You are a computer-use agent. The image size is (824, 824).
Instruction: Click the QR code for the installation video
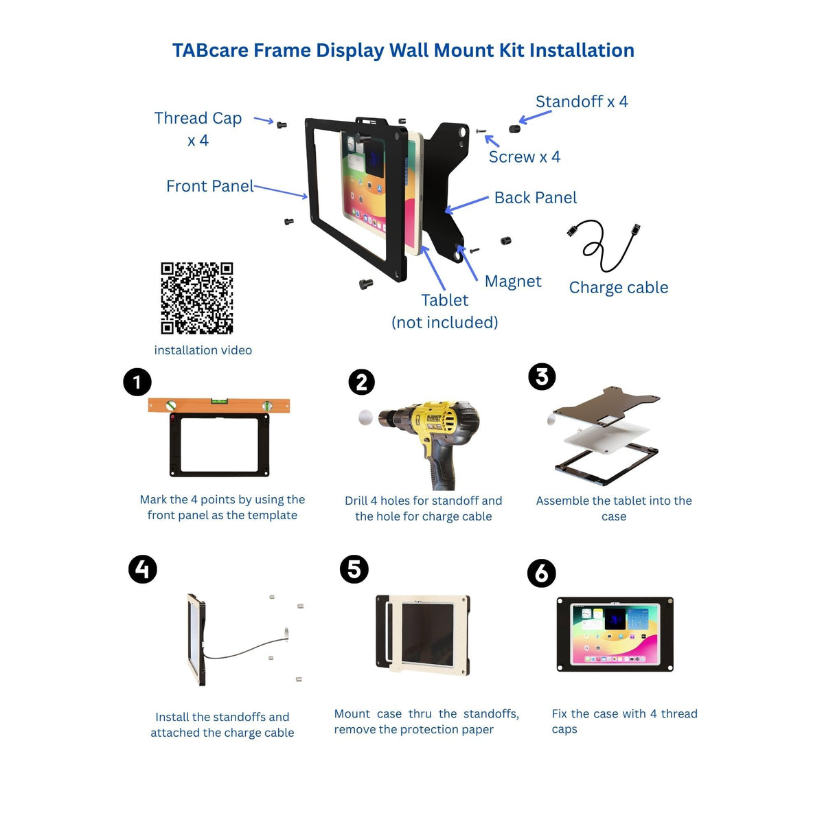196,298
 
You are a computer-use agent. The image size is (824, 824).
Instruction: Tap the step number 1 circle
137,382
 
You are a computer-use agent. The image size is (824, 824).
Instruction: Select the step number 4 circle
143,569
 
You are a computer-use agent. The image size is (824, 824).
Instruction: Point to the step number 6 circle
541,573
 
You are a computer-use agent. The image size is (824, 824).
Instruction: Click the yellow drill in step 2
432,440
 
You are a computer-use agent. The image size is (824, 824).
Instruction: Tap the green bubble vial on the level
218,401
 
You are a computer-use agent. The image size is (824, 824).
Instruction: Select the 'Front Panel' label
210,186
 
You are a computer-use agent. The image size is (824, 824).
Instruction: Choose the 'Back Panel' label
536,198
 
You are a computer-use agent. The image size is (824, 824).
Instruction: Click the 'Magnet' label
513,282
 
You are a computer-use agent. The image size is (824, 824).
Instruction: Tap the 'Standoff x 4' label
582,102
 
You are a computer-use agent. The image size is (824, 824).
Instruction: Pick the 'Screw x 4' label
524,157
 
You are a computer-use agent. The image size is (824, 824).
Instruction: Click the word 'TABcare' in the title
210,50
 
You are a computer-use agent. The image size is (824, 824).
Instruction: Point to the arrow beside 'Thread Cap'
264,120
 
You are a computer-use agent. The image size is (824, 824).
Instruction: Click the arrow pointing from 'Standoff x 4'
535,117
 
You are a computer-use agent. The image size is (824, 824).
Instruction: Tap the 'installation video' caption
203,350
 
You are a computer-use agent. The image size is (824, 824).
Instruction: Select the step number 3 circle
542,377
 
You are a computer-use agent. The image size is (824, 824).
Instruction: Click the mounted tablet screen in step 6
615,634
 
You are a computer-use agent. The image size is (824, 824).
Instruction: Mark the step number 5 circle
354,569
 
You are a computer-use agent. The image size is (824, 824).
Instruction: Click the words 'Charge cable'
618,287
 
